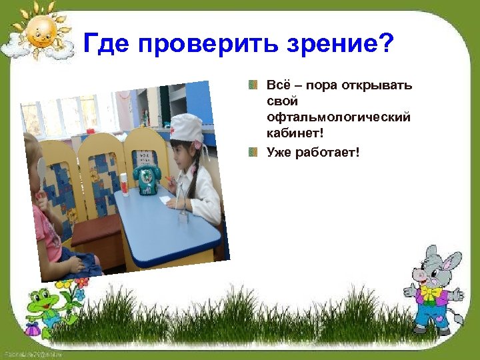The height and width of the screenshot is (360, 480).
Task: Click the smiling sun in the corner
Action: coord(39,31)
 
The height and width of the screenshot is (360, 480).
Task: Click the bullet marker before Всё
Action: coord(253,86)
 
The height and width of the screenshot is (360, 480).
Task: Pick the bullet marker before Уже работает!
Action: coord(253,153)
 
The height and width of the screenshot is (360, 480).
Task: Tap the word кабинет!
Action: coord(294,133)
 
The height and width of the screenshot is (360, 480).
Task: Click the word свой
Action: coord(281,102)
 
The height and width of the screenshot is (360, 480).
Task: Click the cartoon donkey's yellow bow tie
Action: coord(431,293)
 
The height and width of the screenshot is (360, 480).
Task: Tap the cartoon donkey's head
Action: coord(433,267)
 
